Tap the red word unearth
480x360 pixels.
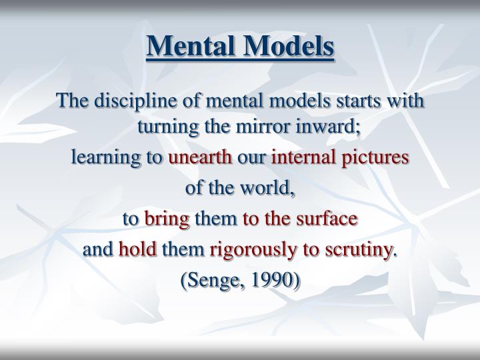pos(200,158)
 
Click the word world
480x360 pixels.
pos(270,189)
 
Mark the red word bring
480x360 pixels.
pos(167,219)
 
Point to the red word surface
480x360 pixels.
pos(328,219)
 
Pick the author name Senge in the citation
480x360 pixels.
pos(213,281)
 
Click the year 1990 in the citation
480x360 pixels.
pos(275,281)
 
